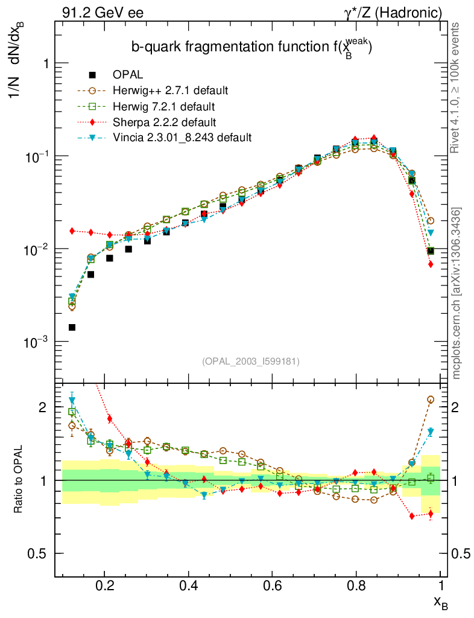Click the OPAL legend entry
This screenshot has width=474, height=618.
(127, 75)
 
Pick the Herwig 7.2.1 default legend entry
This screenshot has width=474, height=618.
(164, 106)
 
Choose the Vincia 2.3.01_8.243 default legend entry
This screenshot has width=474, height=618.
(182, 138)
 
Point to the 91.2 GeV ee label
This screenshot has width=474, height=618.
(103, 12)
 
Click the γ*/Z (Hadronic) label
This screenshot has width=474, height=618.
(394, 12)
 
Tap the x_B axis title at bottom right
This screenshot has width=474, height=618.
(440, 602)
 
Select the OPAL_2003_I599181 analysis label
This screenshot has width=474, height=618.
(251, 361)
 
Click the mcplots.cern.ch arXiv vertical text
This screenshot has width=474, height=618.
(457, 293)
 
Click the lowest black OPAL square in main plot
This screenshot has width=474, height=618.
(72, 327)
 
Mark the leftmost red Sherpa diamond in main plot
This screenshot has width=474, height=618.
(72, 231)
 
